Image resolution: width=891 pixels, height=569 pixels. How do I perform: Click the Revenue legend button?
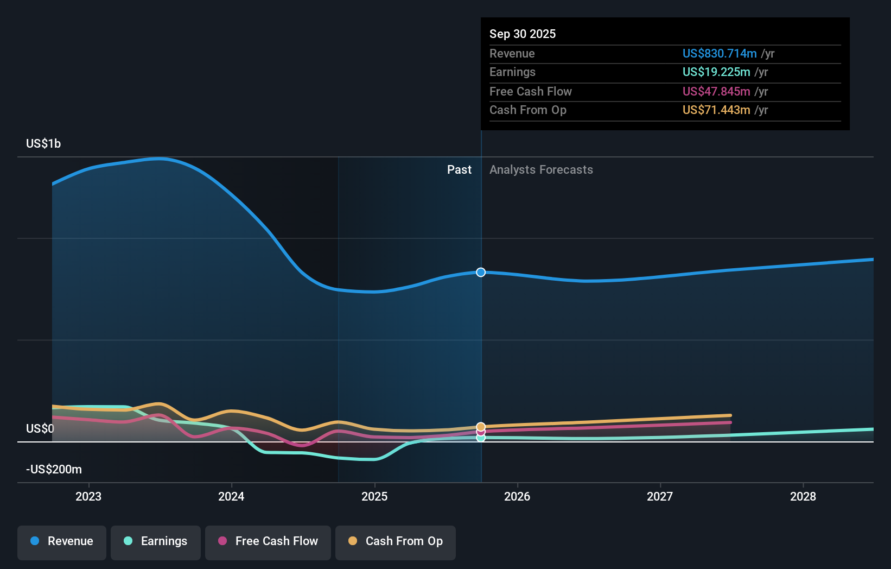click(62, 541)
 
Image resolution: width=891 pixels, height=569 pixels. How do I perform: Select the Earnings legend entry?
click(156, 541)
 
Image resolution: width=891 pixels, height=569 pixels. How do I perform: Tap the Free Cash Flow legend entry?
click(268, 541)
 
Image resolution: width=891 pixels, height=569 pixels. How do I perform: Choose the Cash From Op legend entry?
click(396, 541)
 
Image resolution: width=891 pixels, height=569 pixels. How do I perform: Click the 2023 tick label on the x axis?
click(88, 496)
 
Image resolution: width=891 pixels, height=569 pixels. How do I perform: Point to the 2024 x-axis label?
click(231, 496)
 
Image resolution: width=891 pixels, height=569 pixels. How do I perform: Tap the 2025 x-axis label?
click(374, 496)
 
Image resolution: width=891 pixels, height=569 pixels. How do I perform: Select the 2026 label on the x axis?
click(517, 496)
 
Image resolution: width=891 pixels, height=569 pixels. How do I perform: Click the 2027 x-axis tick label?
click(660, 496)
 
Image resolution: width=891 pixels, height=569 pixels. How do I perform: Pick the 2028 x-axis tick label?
click(803, 496)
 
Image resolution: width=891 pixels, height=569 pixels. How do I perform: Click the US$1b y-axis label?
click(43, 143)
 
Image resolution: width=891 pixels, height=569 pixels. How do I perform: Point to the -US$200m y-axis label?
click(54, 469)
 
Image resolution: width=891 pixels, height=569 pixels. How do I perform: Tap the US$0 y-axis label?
click(40, 428)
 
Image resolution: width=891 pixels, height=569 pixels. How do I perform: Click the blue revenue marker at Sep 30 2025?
click(481, 272)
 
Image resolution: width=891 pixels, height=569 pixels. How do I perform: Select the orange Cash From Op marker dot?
click(481, 427)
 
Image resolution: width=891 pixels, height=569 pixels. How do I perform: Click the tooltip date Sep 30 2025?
click(523, 34)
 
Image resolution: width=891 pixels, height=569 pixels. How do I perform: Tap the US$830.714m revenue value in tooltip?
click(720, 53)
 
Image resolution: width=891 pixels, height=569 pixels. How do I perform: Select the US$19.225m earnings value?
click(716, 72)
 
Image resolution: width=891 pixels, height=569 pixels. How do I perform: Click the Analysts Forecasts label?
click(541, 169)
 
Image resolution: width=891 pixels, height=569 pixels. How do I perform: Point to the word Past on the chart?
click(459, 169)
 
